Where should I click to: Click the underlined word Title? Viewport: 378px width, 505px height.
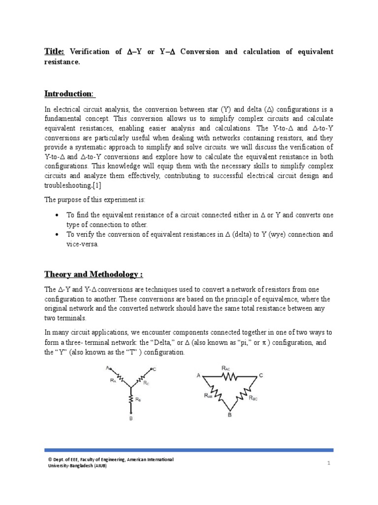pos(53,51)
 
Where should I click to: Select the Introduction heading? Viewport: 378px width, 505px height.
pos(69,94)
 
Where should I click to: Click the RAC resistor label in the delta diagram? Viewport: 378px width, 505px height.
pos(226,367)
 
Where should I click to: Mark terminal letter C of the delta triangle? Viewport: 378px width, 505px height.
pos(261,375)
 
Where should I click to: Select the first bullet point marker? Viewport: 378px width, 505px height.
pos(58,216)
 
